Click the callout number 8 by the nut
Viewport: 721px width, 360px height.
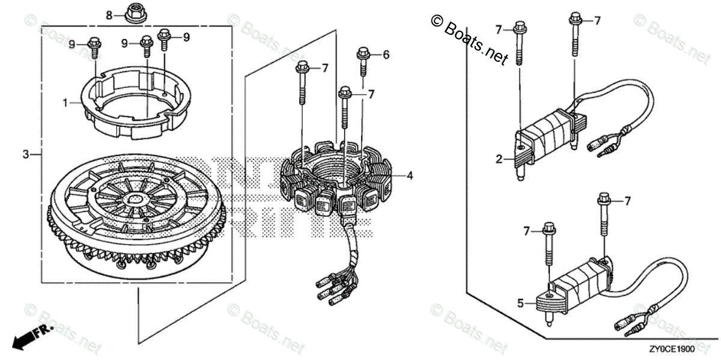(x=109, y=14)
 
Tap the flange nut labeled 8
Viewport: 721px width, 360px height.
(x=132, y=11)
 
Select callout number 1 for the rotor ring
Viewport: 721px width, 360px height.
(x=65, y=103)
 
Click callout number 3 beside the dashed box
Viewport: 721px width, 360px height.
(x=26, y=154)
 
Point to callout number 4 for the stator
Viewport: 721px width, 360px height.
(x=409, y=176)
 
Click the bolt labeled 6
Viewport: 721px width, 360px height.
(x=363, y=60)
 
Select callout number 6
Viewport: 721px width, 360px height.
(x=386, y=55)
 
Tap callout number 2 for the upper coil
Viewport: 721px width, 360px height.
(x=499, y=159)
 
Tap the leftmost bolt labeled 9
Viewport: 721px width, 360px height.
(x=94, y=47)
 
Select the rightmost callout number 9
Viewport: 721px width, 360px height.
(x=186, y=37)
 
